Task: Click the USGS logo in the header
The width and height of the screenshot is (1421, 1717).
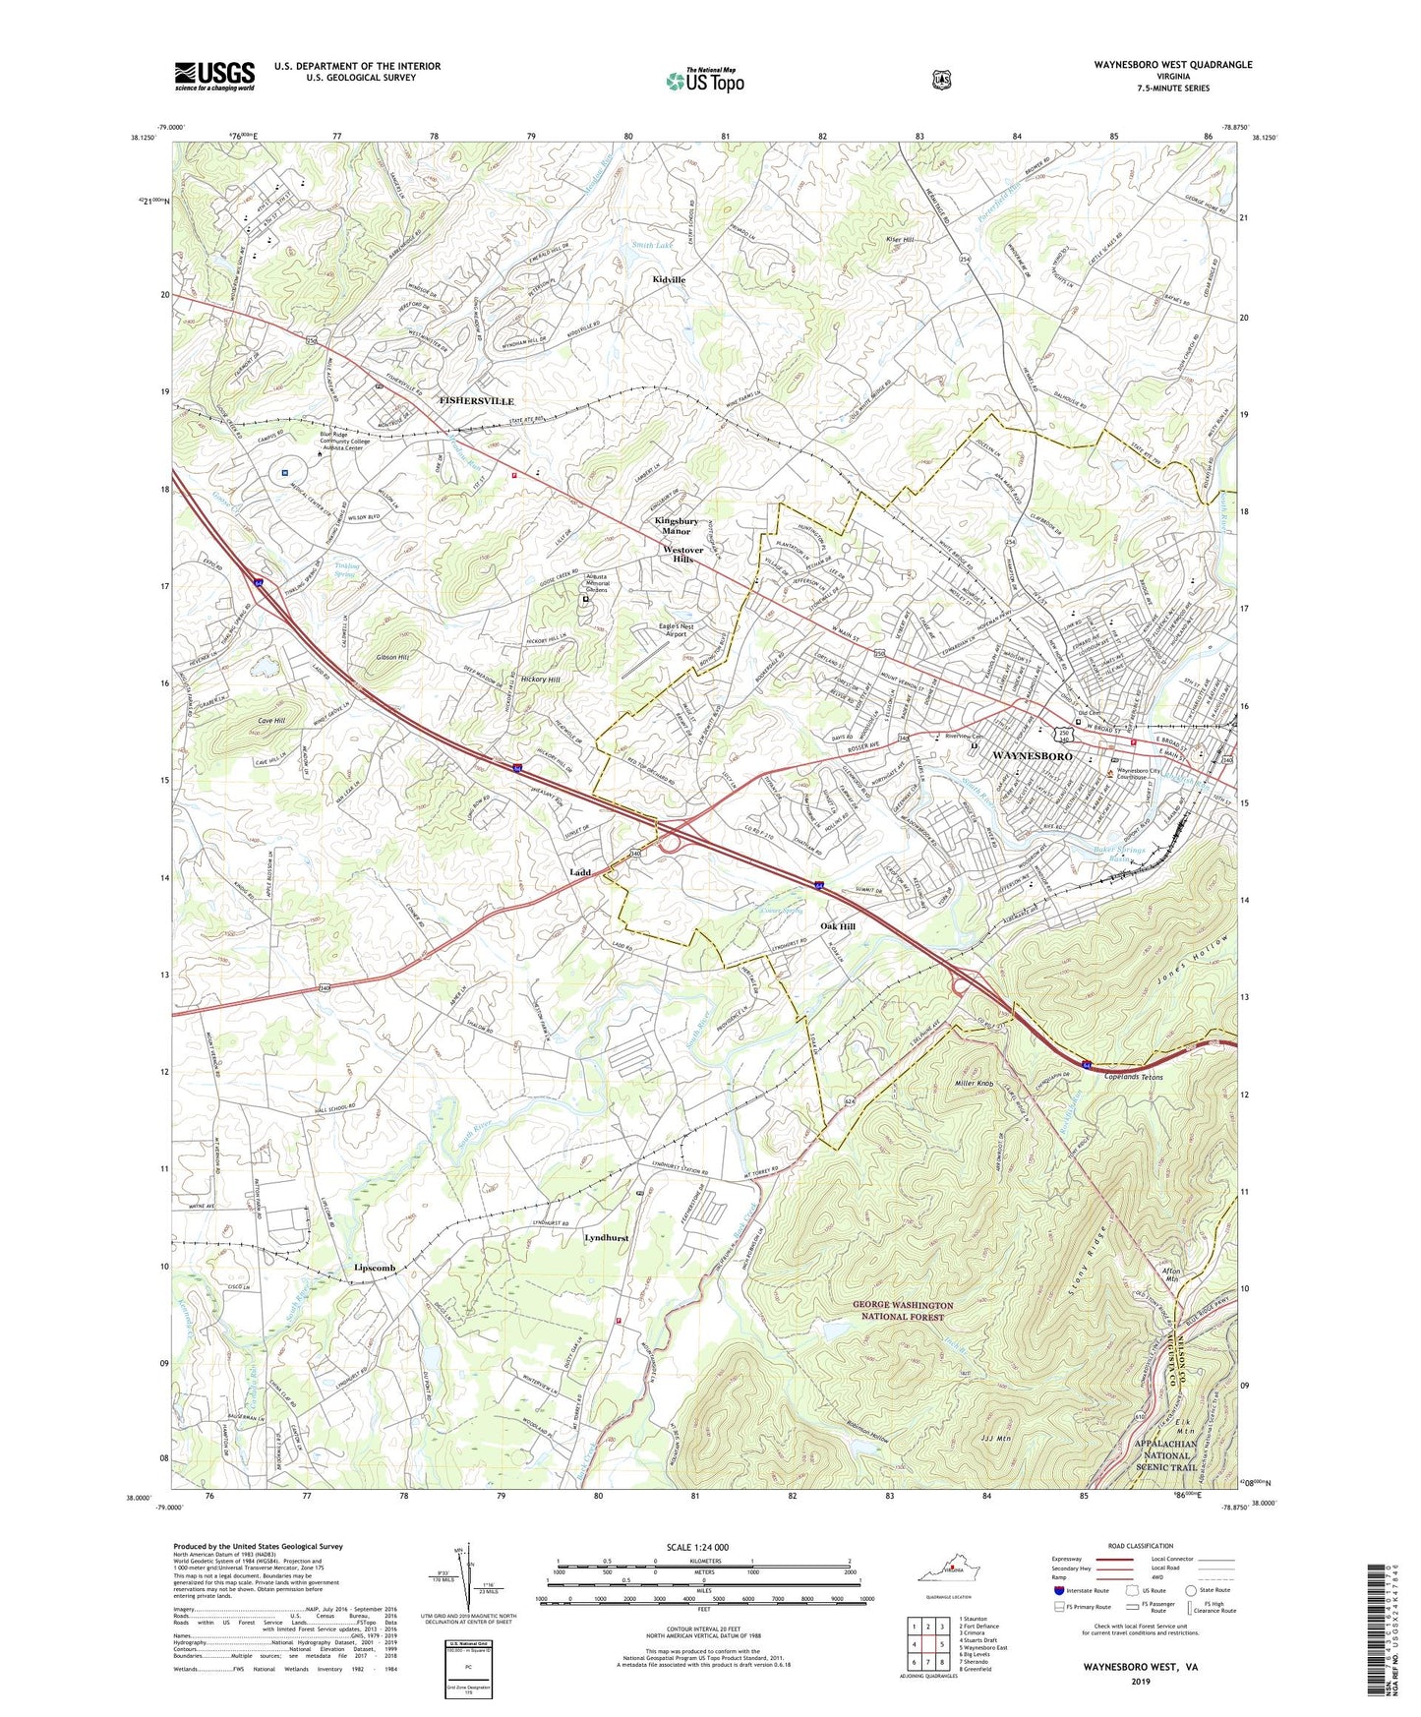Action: [x=214, y=75]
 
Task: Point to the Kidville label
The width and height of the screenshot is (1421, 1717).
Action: [x=669, y=279]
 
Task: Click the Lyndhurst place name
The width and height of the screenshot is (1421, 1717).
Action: [x=606, y=1238]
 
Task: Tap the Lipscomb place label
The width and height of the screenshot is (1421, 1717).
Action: [x=374, y=1269]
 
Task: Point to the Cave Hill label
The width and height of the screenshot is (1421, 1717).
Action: [x=270, y=721]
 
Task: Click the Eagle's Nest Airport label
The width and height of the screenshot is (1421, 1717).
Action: [x=677, y=630]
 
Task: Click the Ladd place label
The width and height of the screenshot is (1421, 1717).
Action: [x=580, y=872]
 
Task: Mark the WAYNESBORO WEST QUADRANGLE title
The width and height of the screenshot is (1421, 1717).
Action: [x=1172, y=64]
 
